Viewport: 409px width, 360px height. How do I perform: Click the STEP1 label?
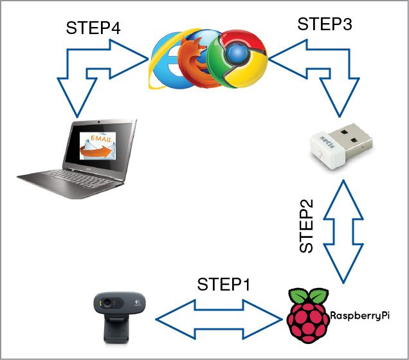pos(223,285)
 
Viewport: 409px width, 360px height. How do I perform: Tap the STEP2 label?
pos(308,226)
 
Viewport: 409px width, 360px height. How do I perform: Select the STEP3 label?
pos(324,25)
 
